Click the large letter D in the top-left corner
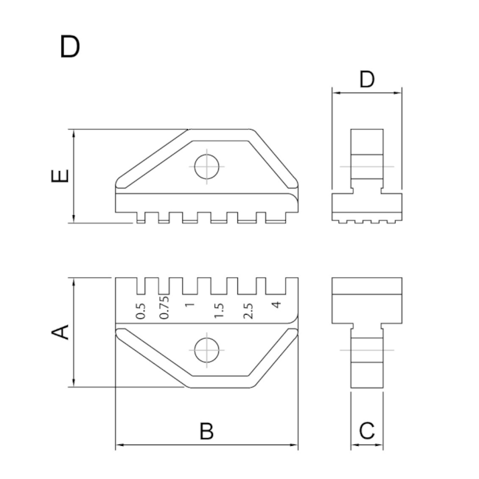tap(70, 46)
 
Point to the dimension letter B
tap(207, 431)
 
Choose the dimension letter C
tap(367, 431)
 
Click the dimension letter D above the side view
tap(367, 80)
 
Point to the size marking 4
tap(275, 305)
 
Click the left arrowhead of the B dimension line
tap(119, 445)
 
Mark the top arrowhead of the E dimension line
tap(74, 133)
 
